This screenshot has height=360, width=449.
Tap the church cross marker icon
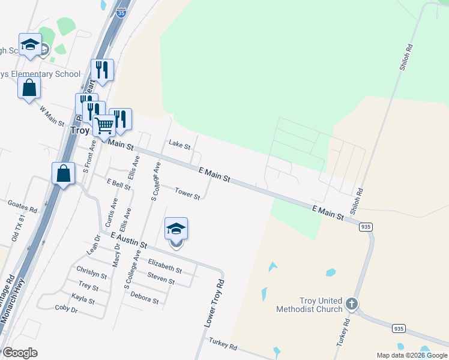click(x=352, y=304)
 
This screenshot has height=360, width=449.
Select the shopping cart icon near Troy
click(x=104, y=126)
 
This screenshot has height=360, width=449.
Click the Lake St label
click(x=179, y=145)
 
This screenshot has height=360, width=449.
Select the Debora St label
click(x=144, y=299)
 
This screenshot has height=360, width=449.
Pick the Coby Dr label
click(x=66, y=309)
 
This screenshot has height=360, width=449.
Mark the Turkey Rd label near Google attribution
click(x=223, y=344)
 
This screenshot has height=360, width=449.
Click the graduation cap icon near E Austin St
click(x=176, y=229)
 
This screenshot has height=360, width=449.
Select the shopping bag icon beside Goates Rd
click(x=64, y=173)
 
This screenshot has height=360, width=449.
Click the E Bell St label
click(x=118, y=184)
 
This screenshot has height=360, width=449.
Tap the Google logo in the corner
click(x=20, y=353)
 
